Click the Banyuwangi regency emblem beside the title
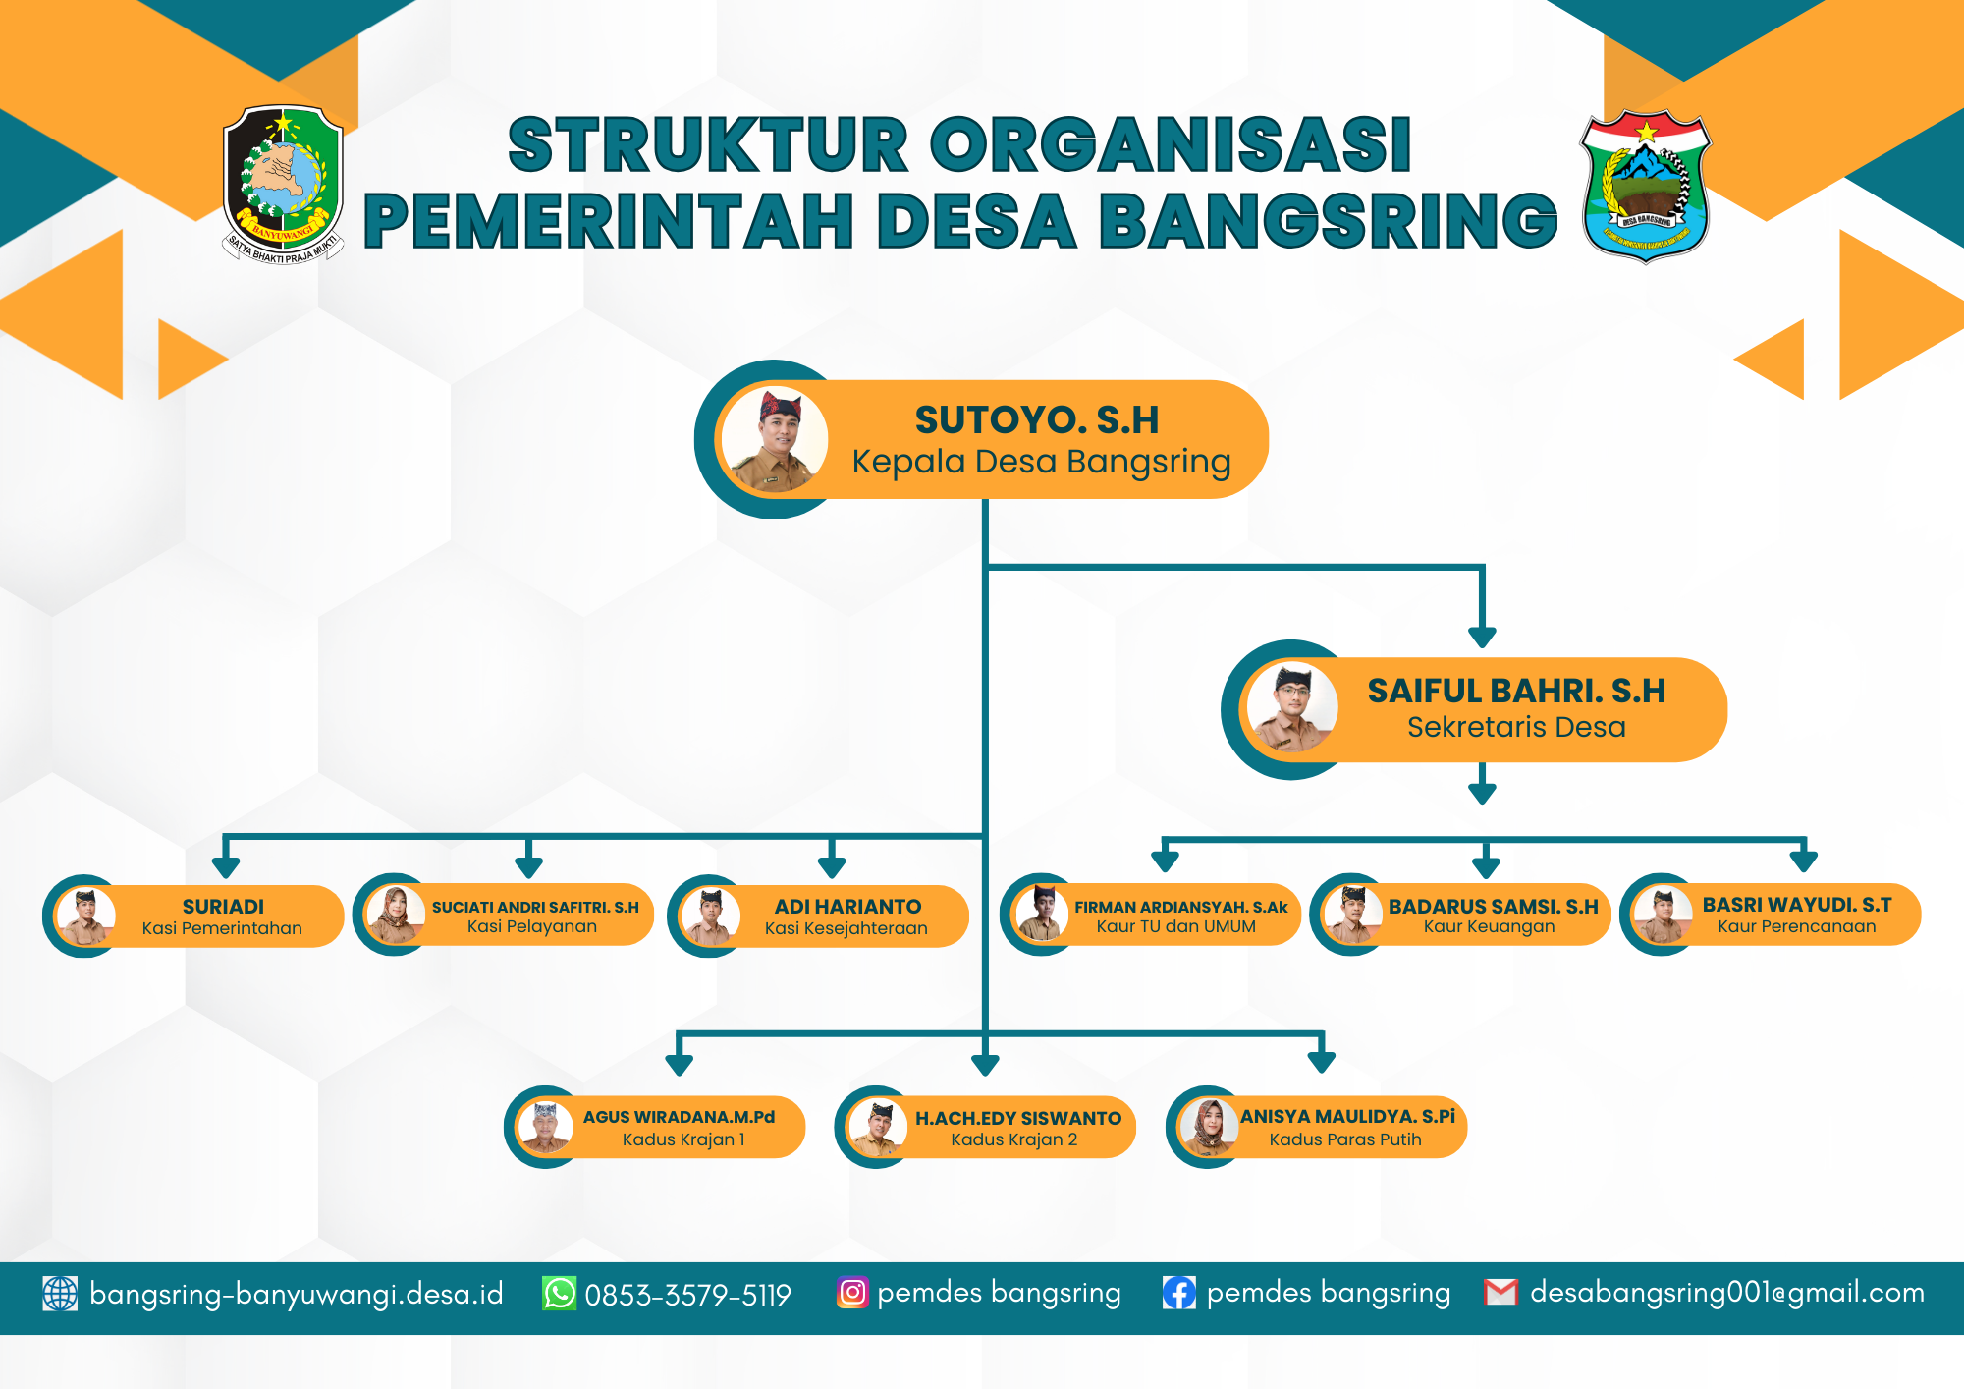pos(283,184)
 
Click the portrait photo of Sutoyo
pos(774,439)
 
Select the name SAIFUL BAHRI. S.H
pos(1516,692)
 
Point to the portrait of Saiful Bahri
pos(1291,708)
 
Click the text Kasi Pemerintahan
pos(222,928)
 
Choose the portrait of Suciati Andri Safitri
pos(395,915)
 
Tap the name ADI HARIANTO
pos(847,907)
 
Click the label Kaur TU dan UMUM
pos(1175,926)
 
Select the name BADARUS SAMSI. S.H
pos(1493,907)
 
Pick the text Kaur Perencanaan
pos(1796,926)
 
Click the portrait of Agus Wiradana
pos(545,1127)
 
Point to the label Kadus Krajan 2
pos(1013,1139)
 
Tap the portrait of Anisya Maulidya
pos(1208,1127)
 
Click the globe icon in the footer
pos(60,1294)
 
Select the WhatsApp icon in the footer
pos(560,1294)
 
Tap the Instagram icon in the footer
pos(852,1293)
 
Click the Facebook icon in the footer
pos(1178,1293)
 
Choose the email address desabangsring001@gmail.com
pos(1727,1293)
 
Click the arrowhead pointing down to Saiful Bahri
pos(1482,638)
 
